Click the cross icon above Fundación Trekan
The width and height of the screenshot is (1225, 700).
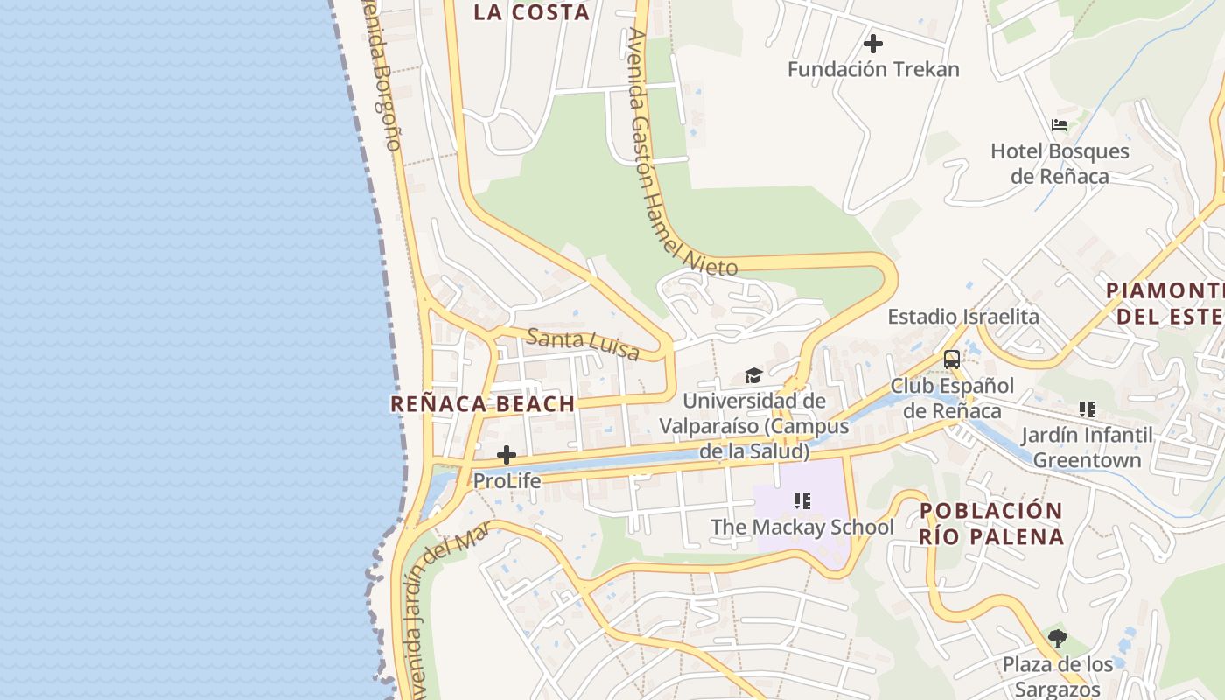pyautogui.click(x=872, y=43)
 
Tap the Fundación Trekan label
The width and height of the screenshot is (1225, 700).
pyautogui.click(x=873, y=69)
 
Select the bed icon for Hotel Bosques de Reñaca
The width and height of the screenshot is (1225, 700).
pyautogui.click(x=1060, y=125)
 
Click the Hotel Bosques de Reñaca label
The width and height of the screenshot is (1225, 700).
pyautogui.click(x=1060, y=164)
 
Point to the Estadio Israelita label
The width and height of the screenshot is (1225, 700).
pyautogui.click(x=963, y=317)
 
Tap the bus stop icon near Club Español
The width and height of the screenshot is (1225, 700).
pyautogui.click(x=951, y=360)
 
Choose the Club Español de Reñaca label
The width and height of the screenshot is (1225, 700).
pyautogui.click(x=952, y=398)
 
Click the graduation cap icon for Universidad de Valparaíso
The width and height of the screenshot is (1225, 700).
pyautogui.click(x=753, y=376)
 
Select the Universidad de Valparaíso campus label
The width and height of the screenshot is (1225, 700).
pyautogui.click(x=753, y=426)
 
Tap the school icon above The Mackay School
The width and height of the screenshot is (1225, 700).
pyautogui.click(x=801, y=501)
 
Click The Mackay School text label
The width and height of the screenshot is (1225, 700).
pyautogui.click(x=801, y=528)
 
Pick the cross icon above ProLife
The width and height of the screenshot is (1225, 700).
pyautogui.click(x=506, y=455)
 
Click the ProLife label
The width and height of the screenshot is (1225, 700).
pyautogui.click(x=507, y=480)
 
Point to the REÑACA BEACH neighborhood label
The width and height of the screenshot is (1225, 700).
pyautogui.click(x=482, y=404)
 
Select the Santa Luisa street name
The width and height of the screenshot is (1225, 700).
pyautogui.click(x=583, y=344)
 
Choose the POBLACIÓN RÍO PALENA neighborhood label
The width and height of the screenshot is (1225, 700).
pyautogui.click(x=991, y=523)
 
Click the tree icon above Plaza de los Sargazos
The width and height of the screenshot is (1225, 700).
pyautogui.click(x=1058, y=639)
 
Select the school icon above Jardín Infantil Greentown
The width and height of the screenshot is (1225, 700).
pyautogui.click(x=1087, y=409)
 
